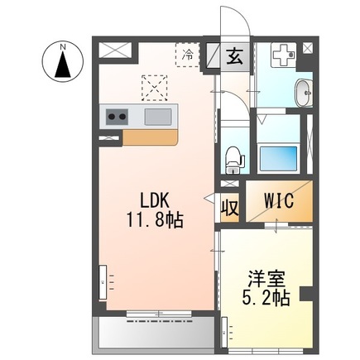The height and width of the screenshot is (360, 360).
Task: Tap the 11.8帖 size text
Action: (154, 221)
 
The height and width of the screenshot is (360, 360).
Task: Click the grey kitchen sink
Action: (157, 117)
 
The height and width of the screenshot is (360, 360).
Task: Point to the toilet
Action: (233, 155)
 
